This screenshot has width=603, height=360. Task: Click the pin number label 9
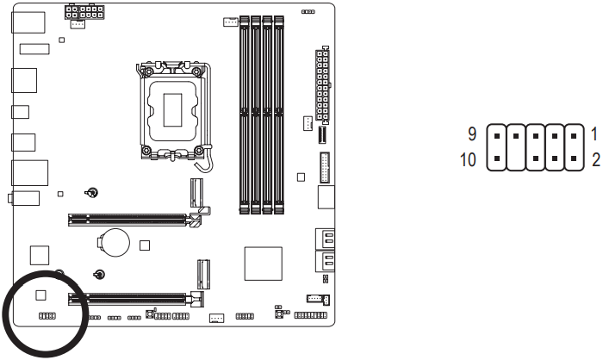(473, 136)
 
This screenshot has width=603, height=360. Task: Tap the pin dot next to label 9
(495, 136)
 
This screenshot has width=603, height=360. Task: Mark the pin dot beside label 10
(495, 159)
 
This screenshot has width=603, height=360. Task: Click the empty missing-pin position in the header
(515, 159)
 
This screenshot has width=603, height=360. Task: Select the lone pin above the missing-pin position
(515, 136)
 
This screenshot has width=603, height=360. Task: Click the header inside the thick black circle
(47, 317)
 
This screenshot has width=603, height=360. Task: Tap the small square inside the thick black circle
(40, 295)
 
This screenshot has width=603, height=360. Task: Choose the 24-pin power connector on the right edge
(323, 85)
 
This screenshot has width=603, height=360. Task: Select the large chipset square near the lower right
(263, 262)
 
